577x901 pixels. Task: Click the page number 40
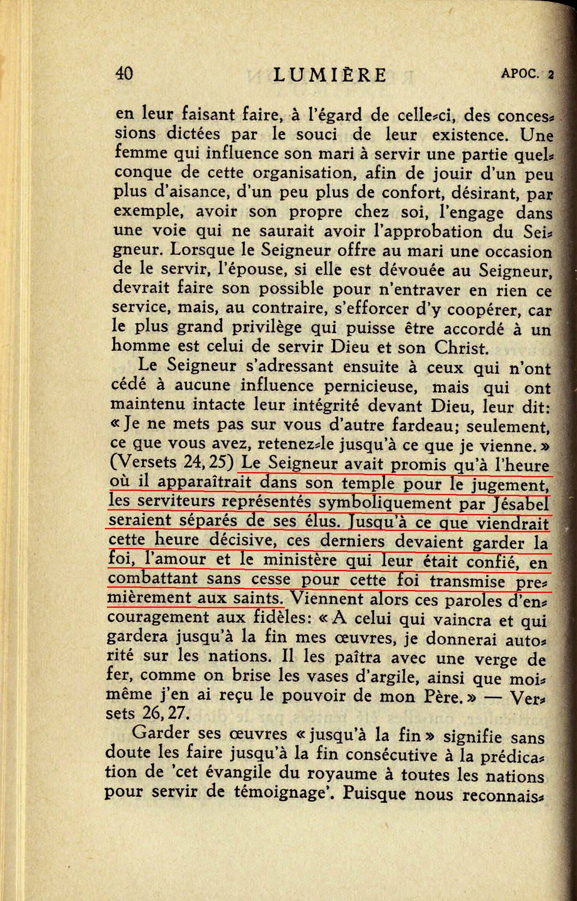[x=124, y=73]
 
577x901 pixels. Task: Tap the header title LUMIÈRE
[x=330, y=75]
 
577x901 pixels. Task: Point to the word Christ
[x=460, y=348]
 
